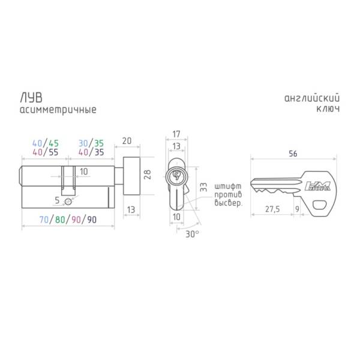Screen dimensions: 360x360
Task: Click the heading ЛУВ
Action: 31,98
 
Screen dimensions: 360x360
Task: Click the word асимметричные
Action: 58,110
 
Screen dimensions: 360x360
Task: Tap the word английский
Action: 312,98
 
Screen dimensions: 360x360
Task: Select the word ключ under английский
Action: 328,109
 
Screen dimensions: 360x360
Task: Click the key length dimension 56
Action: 293,154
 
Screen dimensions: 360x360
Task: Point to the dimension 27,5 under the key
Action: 272,209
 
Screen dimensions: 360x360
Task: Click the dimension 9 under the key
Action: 297,209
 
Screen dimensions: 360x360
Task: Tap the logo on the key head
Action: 318,186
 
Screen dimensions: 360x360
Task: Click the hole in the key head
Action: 320,205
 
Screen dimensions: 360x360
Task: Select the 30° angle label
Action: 192,234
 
